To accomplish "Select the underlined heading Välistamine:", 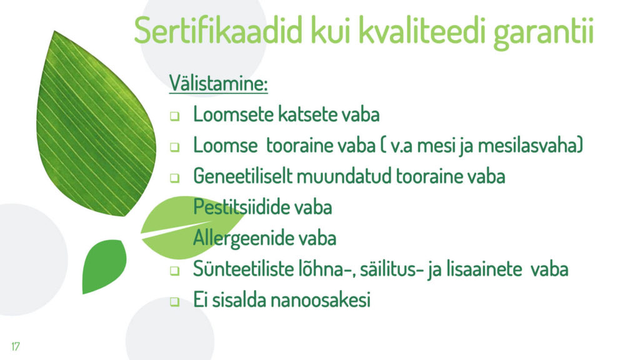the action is click(218, 83).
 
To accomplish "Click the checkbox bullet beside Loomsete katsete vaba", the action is click(175, 116).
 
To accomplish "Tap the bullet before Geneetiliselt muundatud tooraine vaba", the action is click(175, 178).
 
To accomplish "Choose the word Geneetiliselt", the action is click(242, 176).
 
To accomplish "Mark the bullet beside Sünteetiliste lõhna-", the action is click(175, 271).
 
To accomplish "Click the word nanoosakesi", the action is click(321, 300).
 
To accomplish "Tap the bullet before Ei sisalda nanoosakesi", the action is click(175, 302).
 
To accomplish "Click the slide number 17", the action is click(16, 346).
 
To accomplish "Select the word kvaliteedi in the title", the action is click(423, 30).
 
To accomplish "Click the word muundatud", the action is click(344, 176).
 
